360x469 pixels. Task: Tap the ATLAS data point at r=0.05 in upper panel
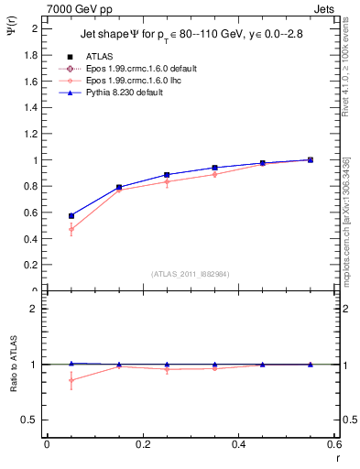pyautogui.click(x=71, y=216)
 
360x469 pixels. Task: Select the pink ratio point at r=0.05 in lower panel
pyautogui.click(x=71, y=380)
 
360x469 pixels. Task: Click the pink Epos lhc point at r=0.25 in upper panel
pyautogui.click(x=167, y=181)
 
